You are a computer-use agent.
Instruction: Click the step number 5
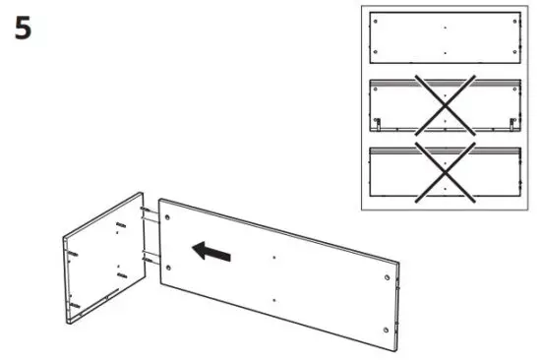coord(22,29)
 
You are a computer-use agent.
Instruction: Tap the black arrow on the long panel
coord(211,252)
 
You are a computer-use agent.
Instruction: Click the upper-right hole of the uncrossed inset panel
coord(512,27)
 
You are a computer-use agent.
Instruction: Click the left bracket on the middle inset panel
coord(377,124)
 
